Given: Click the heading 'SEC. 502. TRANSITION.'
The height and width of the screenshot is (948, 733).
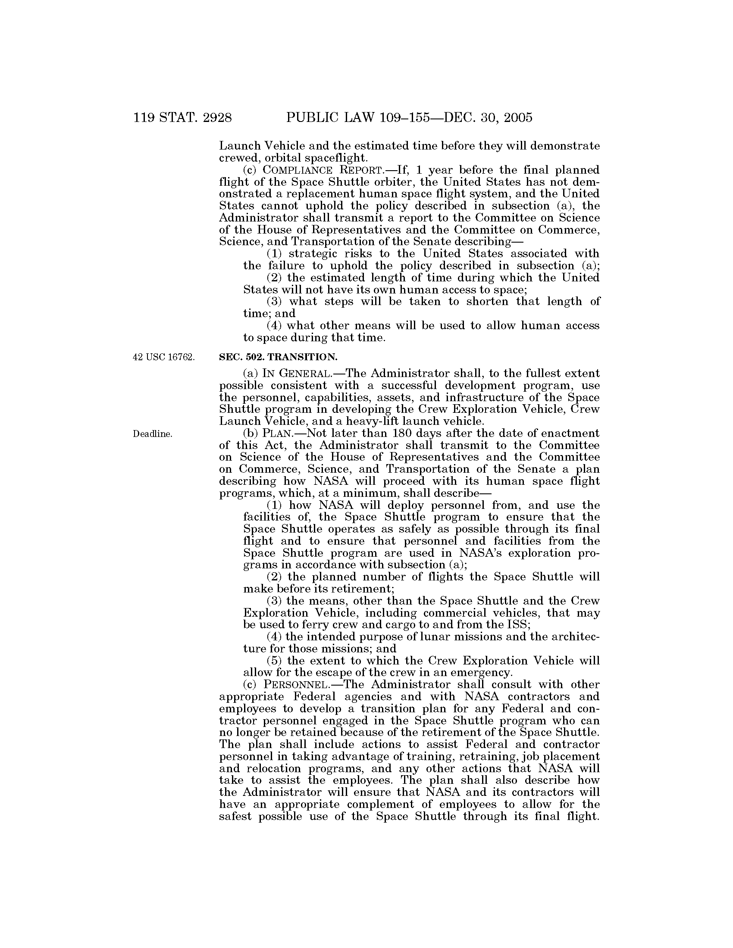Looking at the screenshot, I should (x=278, y=357).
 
